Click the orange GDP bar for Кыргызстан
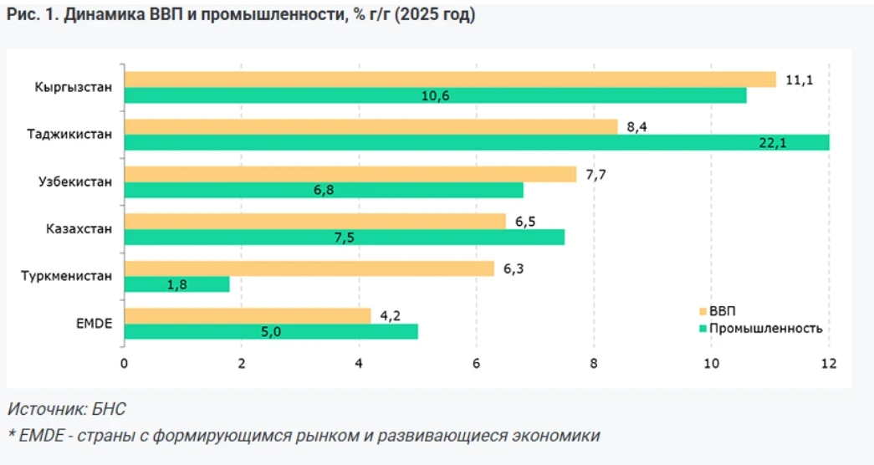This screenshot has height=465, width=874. (450, 79)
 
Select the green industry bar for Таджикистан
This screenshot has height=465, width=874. (477, 143)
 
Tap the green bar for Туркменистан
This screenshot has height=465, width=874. (176, 284)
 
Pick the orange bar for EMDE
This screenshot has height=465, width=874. (248, 315)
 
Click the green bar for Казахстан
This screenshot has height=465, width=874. (345, 237)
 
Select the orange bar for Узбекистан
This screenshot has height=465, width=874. (350, 174)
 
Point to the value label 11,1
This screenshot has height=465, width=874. (799, 79)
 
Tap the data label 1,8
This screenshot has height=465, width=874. (176, 285)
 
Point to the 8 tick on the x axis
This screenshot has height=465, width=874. (594, 364)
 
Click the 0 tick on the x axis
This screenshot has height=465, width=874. (124, 364)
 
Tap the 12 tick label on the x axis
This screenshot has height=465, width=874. (828, 364)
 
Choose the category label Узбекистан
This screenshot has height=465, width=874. (75, 181)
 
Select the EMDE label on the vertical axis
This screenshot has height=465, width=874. (94, 323)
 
